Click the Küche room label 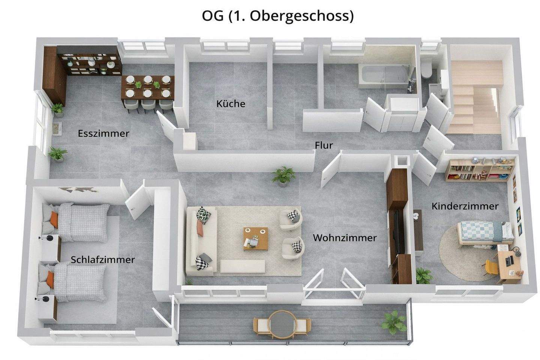231,103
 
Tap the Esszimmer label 103,133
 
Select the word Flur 324,145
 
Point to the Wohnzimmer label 345,237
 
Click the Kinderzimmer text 465,206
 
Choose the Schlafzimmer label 103,259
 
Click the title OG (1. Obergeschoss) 278,16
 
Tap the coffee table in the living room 255,238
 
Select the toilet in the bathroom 426,70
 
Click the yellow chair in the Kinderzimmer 491,267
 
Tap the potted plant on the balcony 394,322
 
